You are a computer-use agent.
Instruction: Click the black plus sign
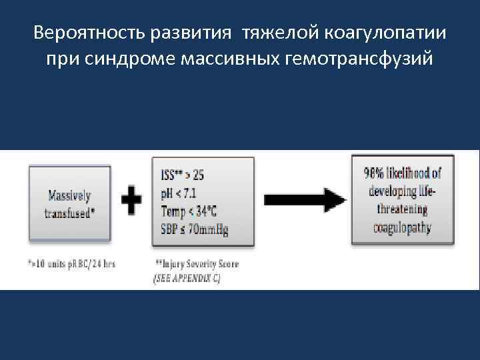pos(133,199)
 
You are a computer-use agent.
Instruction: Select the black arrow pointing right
pos(305,199)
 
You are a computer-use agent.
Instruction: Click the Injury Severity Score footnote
pos(197,264)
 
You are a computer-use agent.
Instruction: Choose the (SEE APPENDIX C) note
pos(187,278)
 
